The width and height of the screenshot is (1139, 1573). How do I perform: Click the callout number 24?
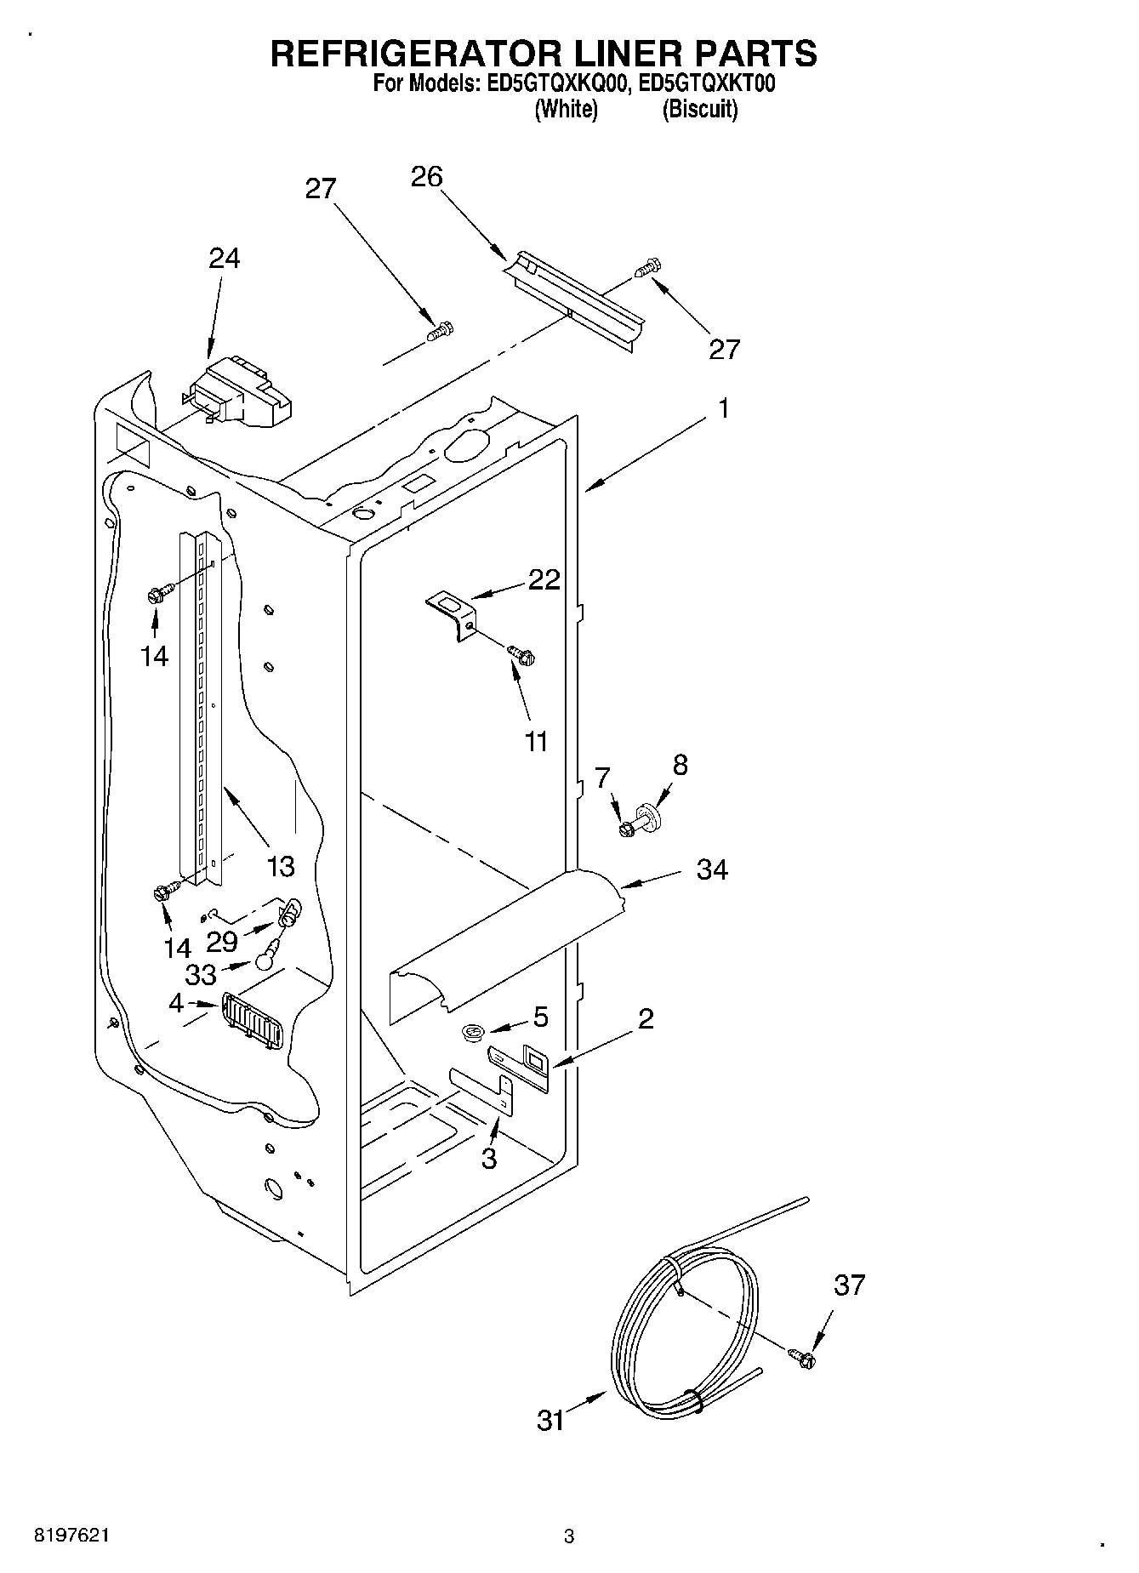pos(225,258)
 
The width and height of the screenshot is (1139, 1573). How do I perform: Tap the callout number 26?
pos(426,177)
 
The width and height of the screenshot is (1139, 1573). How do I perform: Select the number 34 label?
pos(712,869)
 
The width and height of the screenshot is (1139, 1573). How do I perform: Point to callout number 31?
pos(551,1420)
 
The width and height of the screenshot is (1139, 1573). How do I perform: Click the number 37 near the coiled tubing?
pos(849,1284)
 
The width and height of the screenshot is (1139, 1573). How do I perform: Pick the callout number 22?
pos(544,579)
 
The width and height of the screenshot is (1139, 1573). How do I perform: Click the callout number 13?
pos(281,866)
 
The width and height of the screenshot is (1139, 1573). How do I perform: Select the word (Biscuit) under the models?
pos(699,110)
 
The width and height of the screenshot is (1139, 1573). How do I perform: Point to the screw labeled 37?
pos(801,1359)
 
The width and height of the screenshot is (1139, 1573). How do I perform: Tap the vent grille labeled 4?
pos(251,1018)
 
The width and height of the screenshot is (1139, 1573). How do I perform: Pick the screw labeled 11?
pos(521,654)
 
